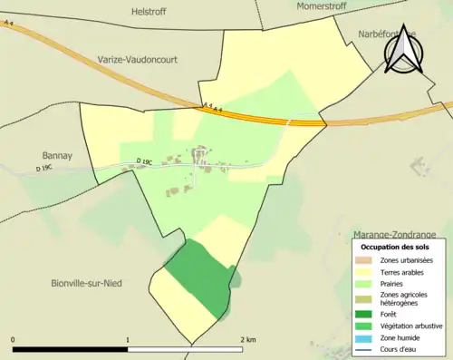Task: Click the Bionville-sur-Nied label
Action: pyautogui.click(x=86, y=283)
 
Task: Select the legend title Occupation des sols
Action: pyautogui.click(x=395, y=247)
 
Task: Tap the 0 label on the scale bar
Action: pyautogui.click(x=14, y=340)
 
